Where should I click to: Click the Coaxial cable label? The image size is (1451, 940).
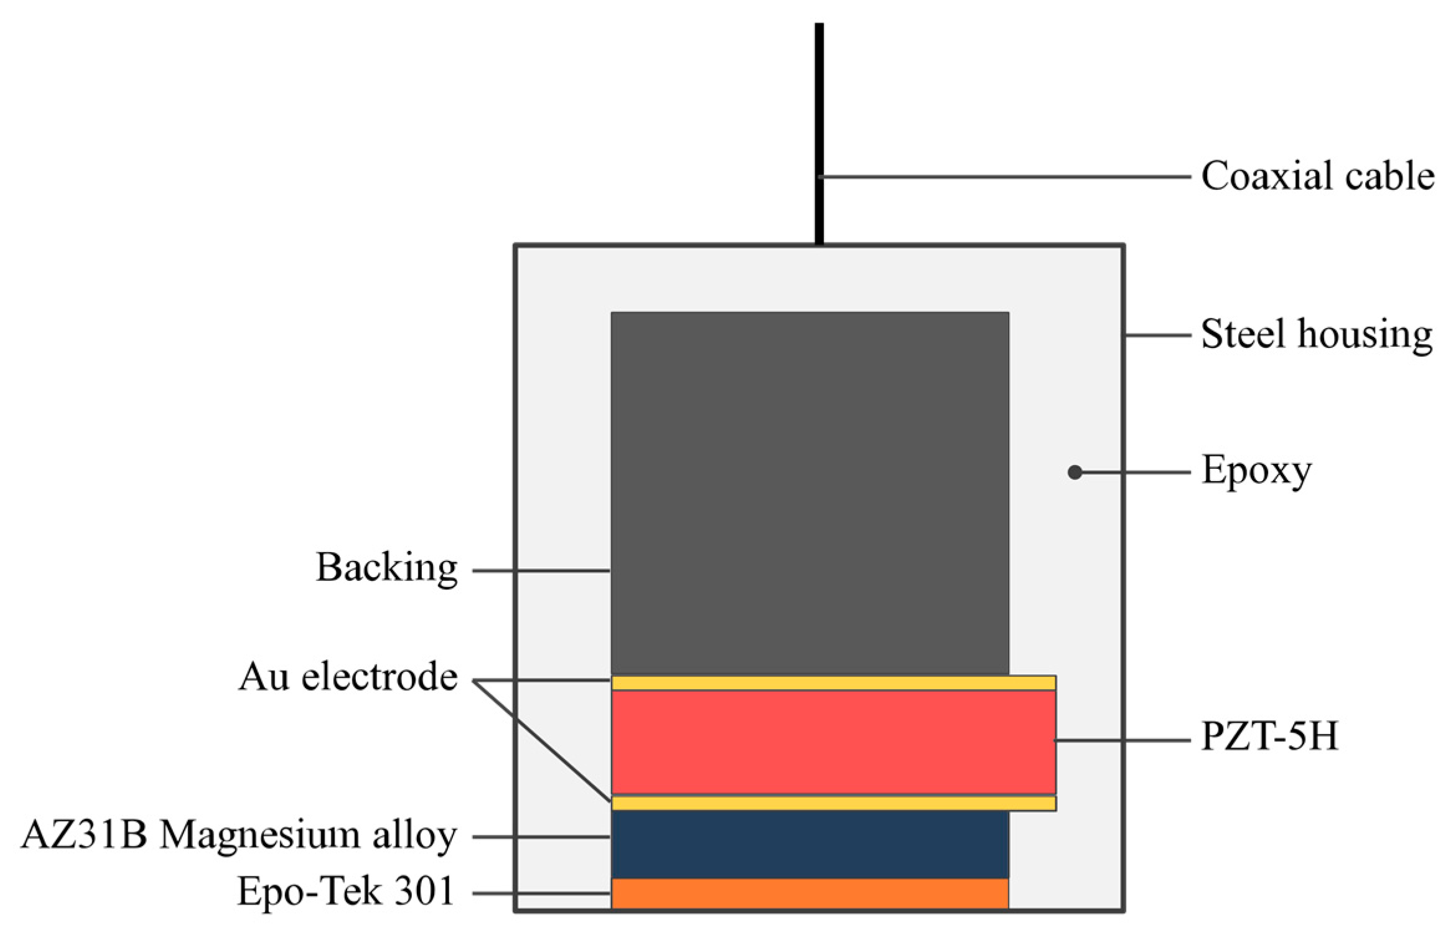(1317, 176)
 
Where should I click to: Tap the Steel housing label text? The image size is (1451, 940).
(1316, 334)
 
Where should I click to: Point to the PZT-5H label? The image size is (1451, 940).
(1269, 736)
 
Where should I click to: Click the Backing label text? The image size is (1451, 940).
(386, 568)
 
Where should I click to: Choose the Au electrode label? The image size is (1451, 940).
(348, 677)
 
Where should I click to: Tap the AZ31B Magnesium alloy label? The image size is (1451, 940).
(239, 835)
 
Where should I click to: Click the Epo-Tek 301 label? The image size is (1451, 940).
(345, 891)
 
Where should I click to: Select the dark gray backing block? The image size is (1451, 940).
(809, 492)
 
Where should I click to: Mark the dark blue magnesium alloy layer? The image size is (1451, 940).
(809, 844)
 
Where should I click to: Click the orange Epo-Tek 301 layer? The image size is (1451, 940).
(809, 894)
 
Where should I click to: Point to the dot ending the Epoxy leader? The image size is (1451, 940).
(1075, 472)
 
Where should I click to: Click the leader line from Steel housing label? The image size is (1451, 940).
(1157, 336)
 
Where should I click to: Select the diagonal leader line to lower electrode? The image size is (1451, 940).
(541, 741)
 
